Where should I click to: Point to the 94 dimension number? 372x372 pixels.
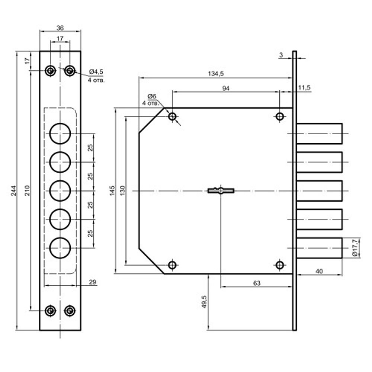(226, 88)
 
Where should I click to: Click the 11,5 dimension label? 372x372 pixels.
(304, 88)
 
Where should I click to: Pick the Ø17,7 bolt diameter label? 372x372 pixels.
(355, 248)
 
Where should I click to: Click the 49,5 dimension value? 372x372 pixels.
(203, 301)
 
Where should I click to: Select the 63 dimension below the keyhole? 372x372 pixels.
(256, 283)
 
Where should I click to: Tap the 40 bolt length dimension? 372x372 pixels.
(319, 272)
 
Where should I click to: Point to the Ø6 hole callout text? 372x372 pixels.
(151, 97)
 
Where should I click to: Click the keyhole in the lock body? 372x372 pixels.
(221, 190)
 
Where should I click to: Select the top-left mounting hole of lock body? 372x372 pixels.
(172, 117)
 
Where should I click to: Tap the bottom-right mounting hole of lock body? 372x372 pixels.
(280, 265)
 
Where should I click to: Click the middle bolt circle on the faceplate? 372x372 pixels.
(60, 191)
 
